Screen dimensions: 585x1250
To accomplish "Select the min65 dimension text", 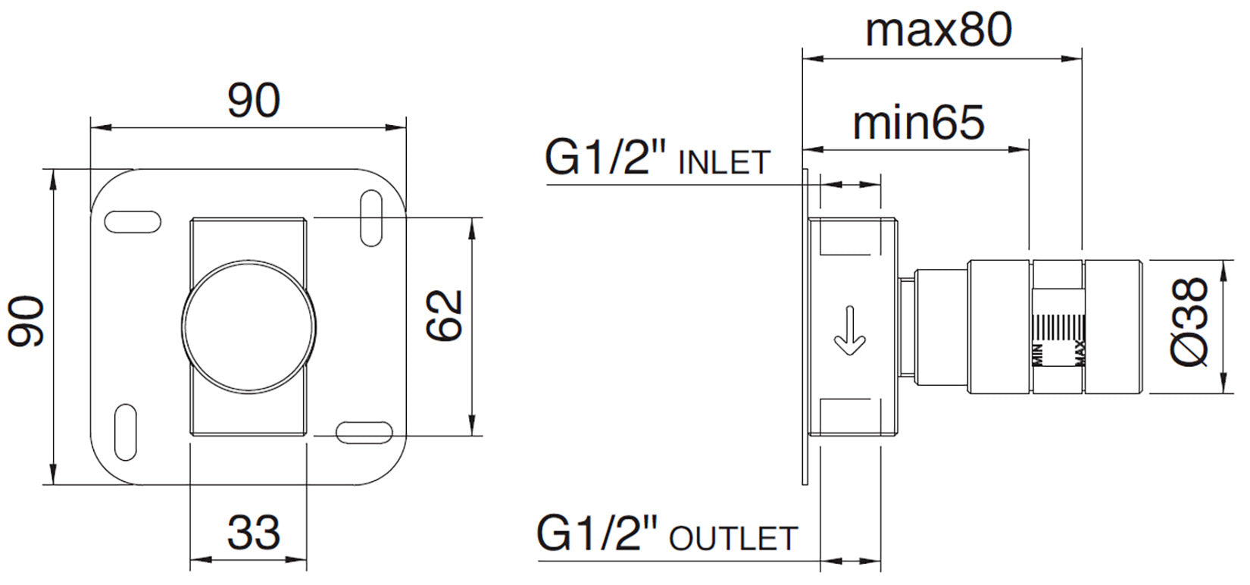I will point(918,122).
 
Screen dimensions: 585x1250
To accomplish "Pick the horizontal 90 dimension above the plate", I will point(254,101).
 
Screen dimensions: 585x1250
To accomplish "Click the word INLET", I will point(724,164).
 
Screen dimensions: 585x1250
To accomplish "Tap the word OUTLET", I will point(733,539).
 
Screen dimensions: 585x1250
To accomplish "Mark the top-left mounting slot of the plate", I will point(132,221).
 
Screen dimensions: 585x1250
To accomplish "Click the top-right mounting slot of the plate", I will point(370,218).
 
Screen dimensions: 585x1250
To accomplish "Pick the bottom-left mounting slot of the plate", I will point(125,430).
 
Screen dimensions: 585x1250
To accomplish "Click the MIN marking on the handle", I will point(1039,355).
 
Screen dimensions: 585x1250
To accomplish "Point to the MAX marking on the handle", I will point(1080,353).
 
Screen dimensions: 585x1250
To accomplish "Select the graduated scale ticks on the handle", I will point(1059,328).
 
